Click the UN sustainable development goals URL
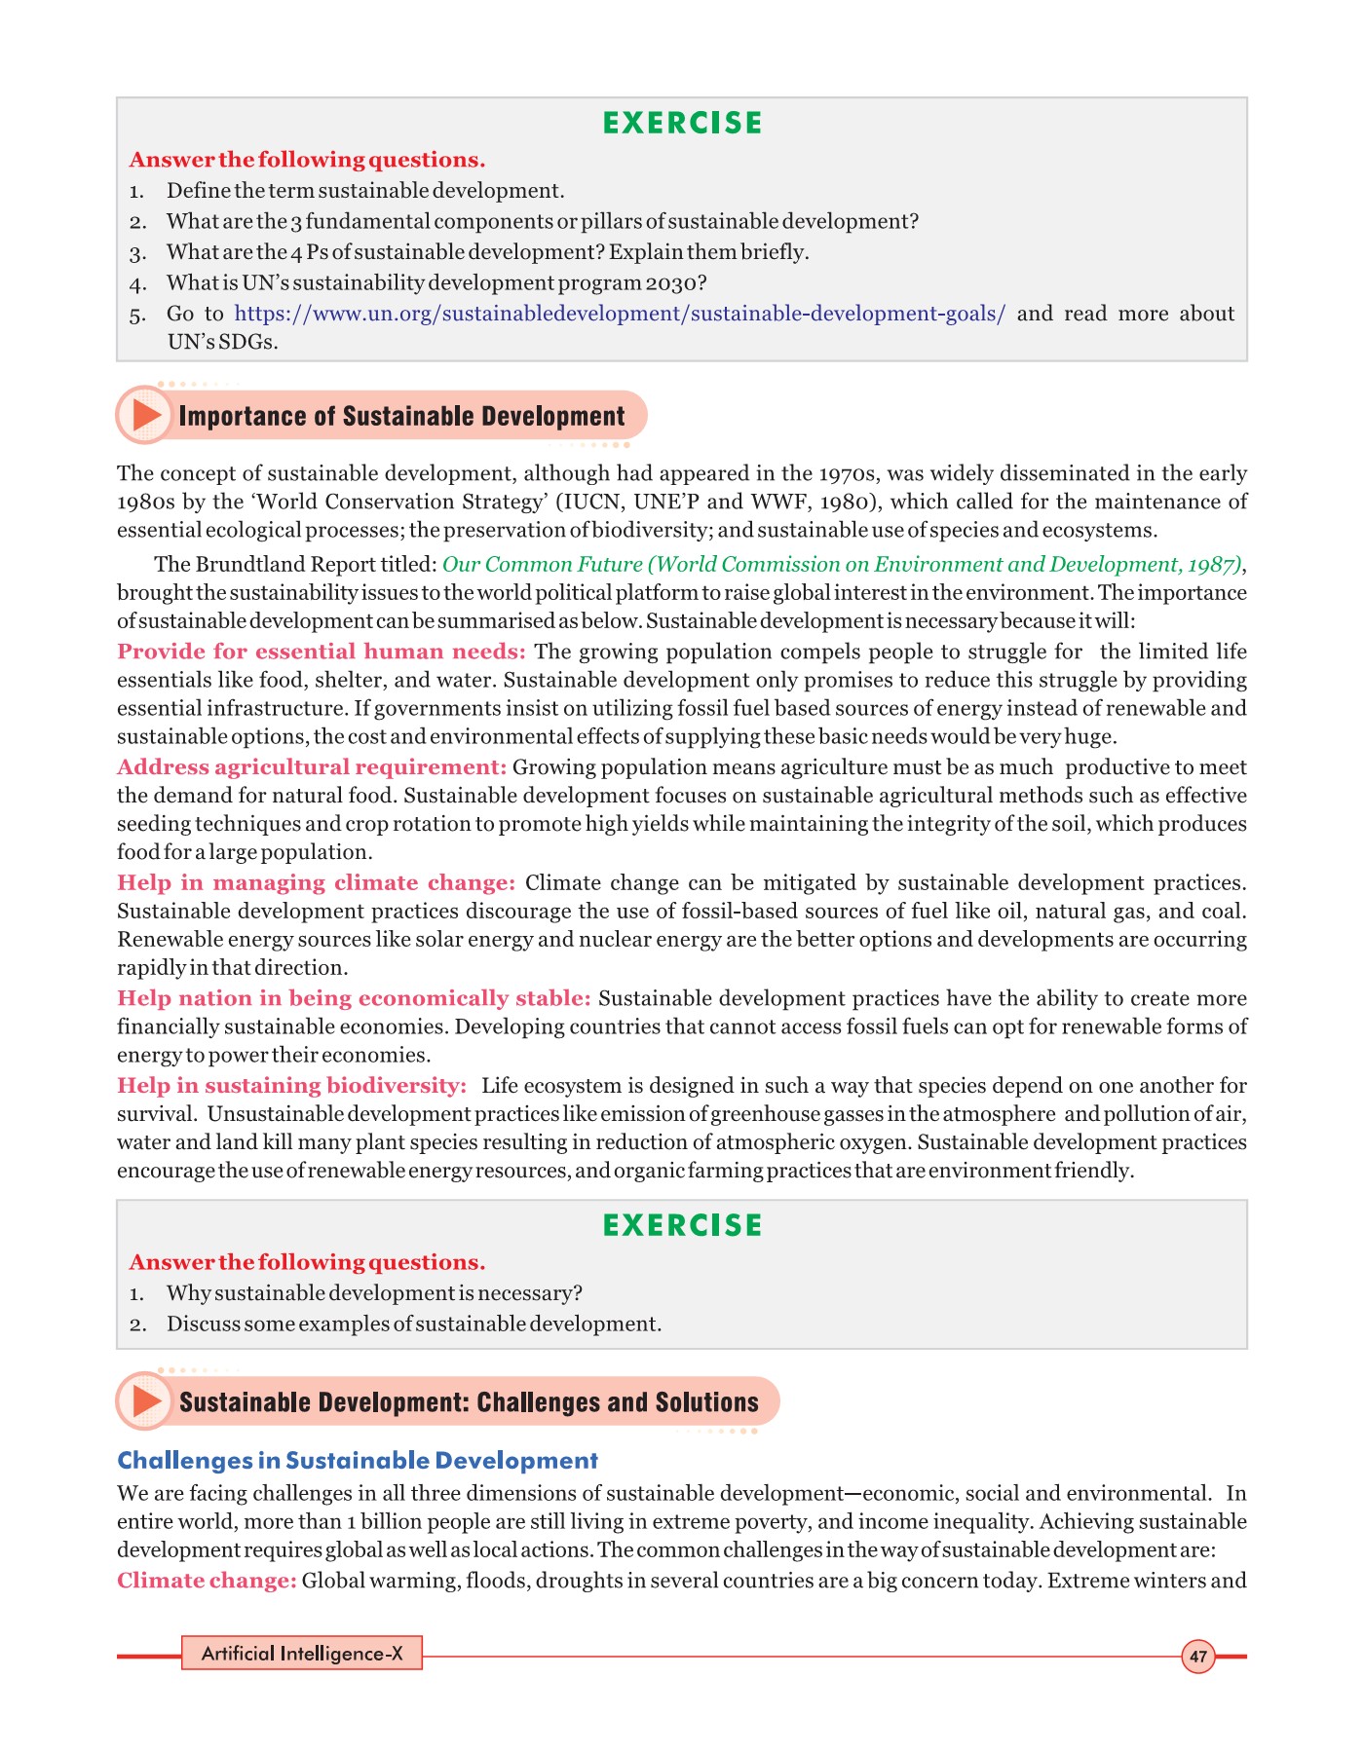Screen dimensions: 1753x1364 (620, 314)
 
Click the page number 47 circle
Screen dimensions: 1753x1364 (1197, 1657)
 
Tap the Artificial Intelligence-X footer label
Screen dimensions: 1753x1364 (302, 1654)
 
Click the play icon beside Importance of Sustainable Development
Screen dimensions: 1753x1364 (146, 416)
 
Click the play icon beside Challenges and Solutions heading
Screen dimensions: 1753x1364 (146, 1401)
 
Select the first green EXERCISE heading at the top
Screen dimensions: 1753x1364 (682, 124)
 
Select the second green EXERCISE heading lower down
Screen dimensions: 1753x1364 (682, 1225)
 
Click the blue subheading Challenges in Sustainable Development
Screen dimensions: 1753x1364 (357, 1461)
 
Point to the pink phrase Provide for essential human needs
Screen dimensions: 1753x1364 (321, 652)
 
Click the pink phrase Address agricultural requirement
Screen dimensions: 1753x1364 (312, 767)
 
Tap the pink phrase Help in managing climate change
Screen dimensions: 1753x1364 (316, 883)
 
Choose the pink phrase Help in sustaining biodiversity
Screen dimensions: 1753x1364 (291, 1086)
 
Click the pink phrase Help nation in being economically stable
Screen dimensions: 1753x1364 (354, 999)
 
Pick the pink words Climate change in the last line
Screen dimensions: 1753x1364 (207, 1581)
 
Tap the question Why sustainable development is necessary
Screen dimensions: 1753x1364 (374, 1293)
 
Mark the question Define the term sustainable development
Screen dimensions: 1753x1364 (365, 191)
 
